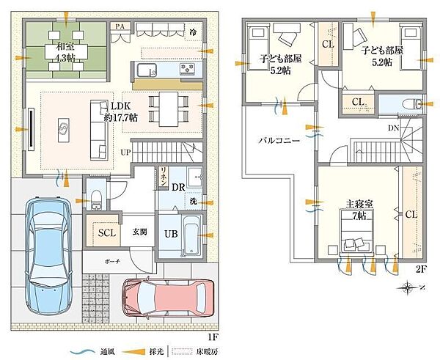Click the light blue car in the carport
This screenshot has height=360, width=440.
tap(47, 253)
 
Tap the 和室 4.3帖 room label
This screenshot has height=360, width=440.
tap(65, 52)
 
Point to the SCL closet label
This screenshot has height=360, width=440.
tap(107, 232)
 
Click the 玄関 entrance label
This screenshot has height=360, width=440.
tap(139, 232)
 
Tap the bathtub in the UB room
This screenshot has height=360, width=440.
tap(190, 234)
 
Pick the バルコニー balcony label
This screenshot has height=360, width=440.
tap(278, 141)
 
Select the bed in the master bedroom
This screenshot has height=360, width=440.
tap(356, 235)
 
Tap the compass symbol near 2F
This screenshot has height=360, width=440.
tap(408, 288)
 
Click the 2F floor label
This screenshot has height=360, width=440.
tap(420, 269)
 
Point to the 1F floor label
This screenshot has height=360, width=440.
tap(213, 337)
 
